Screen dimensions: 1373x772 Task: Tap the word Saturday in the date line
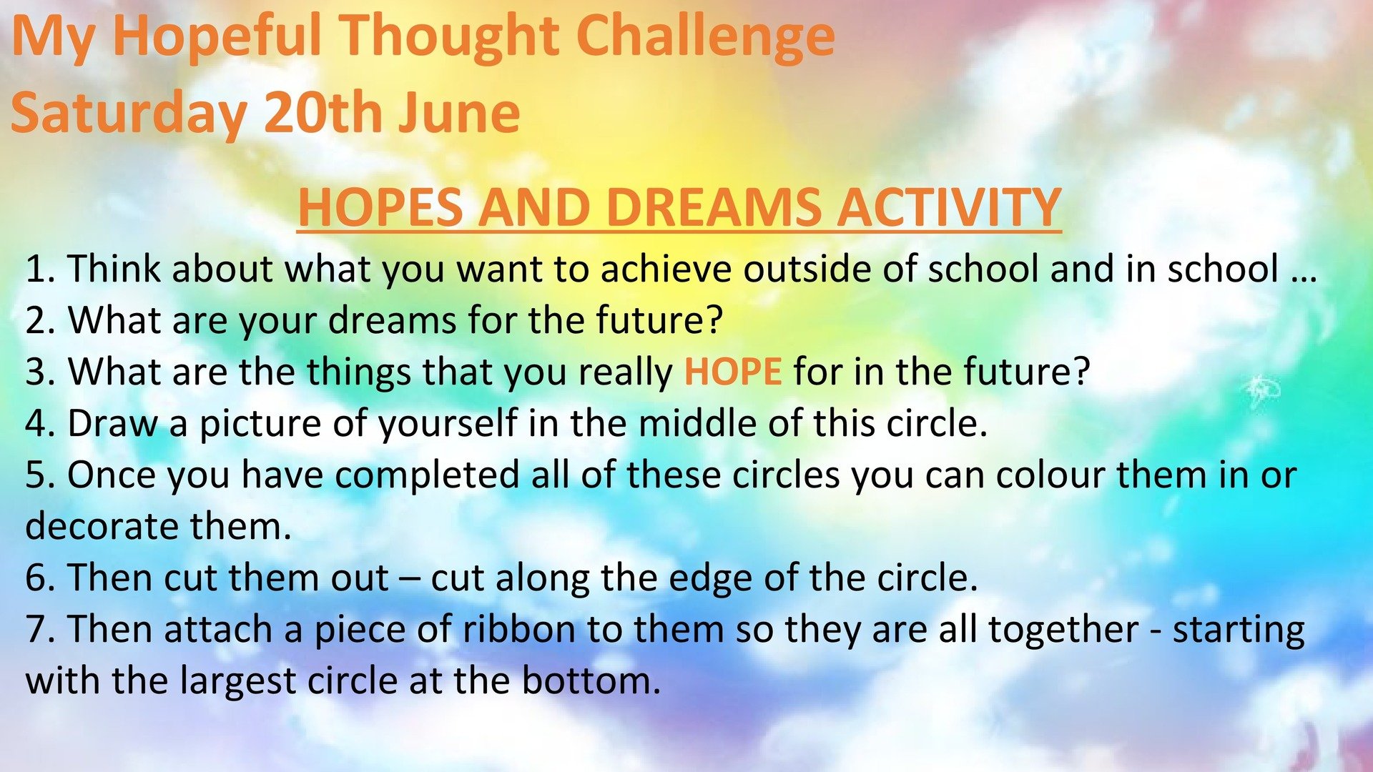click(129, 114)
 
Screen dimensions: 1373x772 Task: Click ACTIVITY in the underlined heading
click(949, 207)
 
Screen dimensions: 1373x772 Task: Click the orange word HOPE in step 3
click(733, 372)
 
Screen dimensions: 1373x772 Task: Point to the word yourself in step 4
click(447, 424)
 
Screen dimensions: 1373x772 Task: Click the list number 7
click(36, 630)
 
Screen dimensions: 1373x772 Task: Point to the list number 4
click(36, 424)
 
